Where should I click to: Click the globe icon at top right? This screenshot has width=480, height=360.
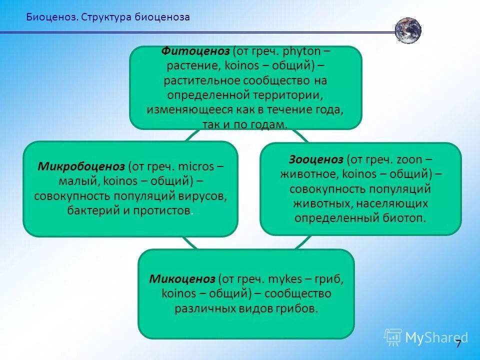click(x=408, y=30)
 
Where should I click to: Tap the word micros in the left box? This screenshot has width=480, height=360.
click(x=196, y=166)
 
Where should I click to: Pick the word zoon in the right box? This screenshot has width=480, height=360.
click(x=408, y=160)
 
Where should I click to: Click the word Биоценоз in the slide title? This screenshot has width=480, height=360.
click(x=51, y=17)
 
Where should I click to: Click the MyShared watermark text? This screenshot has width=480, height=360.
click(x=435, y=337)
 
